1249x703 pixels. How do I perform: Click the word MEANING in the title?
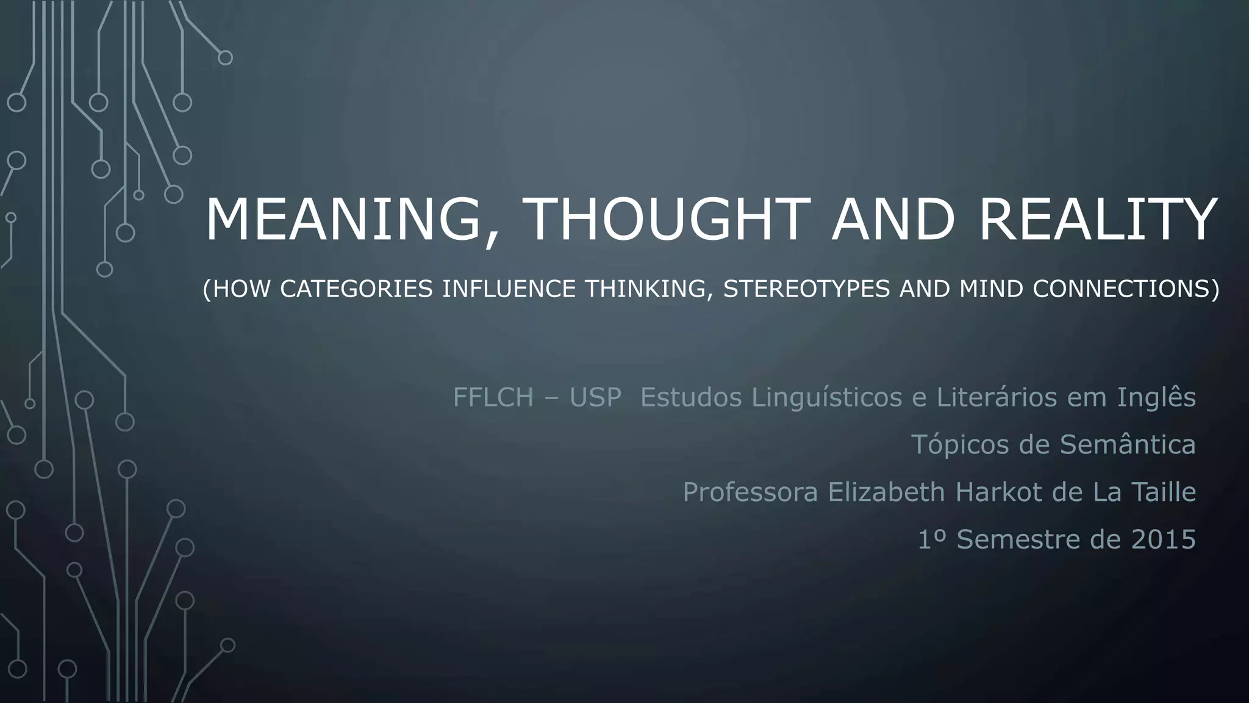pyautogui.click(x=343, y=220)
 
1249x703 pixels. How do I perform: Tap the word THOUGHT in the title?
pyautogui.click(x=665, y=220)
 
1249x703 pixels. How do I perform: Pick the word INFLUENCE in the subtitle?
pyautogui.click(x=508, y=289)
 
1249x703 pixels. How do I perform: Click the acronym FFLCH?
pyautogui.click(x=493, y=397)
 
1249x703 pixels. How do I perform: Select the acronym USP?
pyautogui.click(x=595, y=397)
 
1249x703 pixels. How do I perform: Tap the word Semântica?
pyautogui.click(x=1127, y=444)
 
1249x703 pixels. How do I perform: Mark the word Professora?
pyautogui.click(x=750, y=492)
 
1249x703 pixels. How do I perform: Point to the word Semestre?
pyautogui.click(x=1016, y=539)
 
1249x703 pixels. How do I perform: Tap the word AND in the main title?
pyautogui.click(x=893, y=220)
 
